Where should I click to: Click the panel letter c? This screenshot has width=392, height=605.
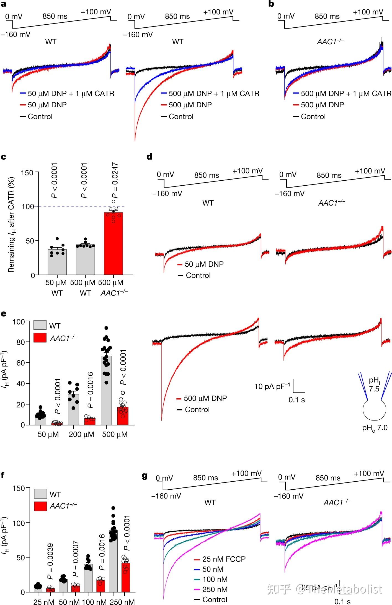pos(4,157)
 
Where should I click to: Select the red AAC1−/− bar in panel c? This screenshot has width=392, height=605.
pos(113,243)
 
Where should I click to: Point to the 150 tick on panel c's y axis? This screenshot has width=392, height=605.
pos(27,173)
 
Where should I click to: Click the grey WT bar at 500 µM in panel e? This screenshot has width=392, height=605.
pos(106,390)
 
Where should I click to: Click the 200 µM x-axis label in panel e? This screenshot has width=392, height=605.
pos(81,434)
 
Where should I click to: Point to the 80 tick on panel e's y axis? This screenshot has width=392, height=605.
pos(20,342)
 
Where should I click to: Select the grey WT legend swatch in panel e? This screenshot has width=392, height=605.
pos(40,325)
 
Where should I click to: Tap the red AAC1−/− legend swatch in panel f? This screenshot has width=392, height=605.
pos(40,506)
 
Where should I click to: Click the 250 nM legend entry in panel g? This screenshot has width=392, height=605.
pos(215,589)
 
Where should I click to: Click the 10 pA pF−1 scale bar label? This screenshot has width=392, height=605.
pos(272,386)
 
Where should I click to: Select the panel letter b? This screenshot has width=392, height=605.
pos(271,4)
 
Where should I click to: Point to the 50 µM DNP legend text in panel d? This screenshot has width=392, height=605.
pos(204,264)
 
